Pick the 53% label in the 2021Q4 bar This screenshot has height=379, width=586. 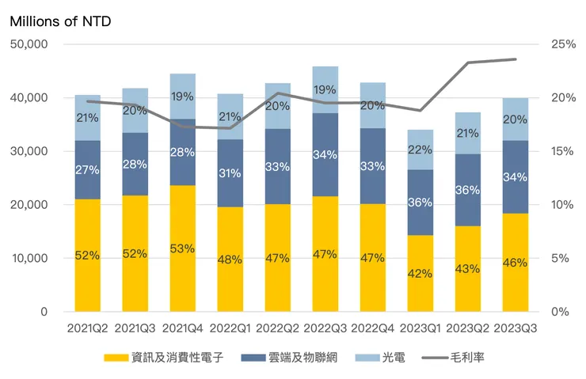point(183,248)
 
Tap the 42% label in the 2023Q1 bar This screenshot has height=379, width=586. point(420,274)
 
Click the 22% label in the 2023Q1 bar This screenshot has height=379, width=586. point(420,150)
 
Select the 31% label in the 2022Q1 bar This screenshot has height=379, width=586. point(230,173)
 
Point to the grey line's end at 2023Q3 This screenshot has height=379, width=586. point(516,59)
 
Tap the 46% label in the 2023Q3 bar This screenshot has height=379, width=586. point(516,263)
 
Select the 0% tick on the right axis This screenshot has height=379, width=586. point(560,312)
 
